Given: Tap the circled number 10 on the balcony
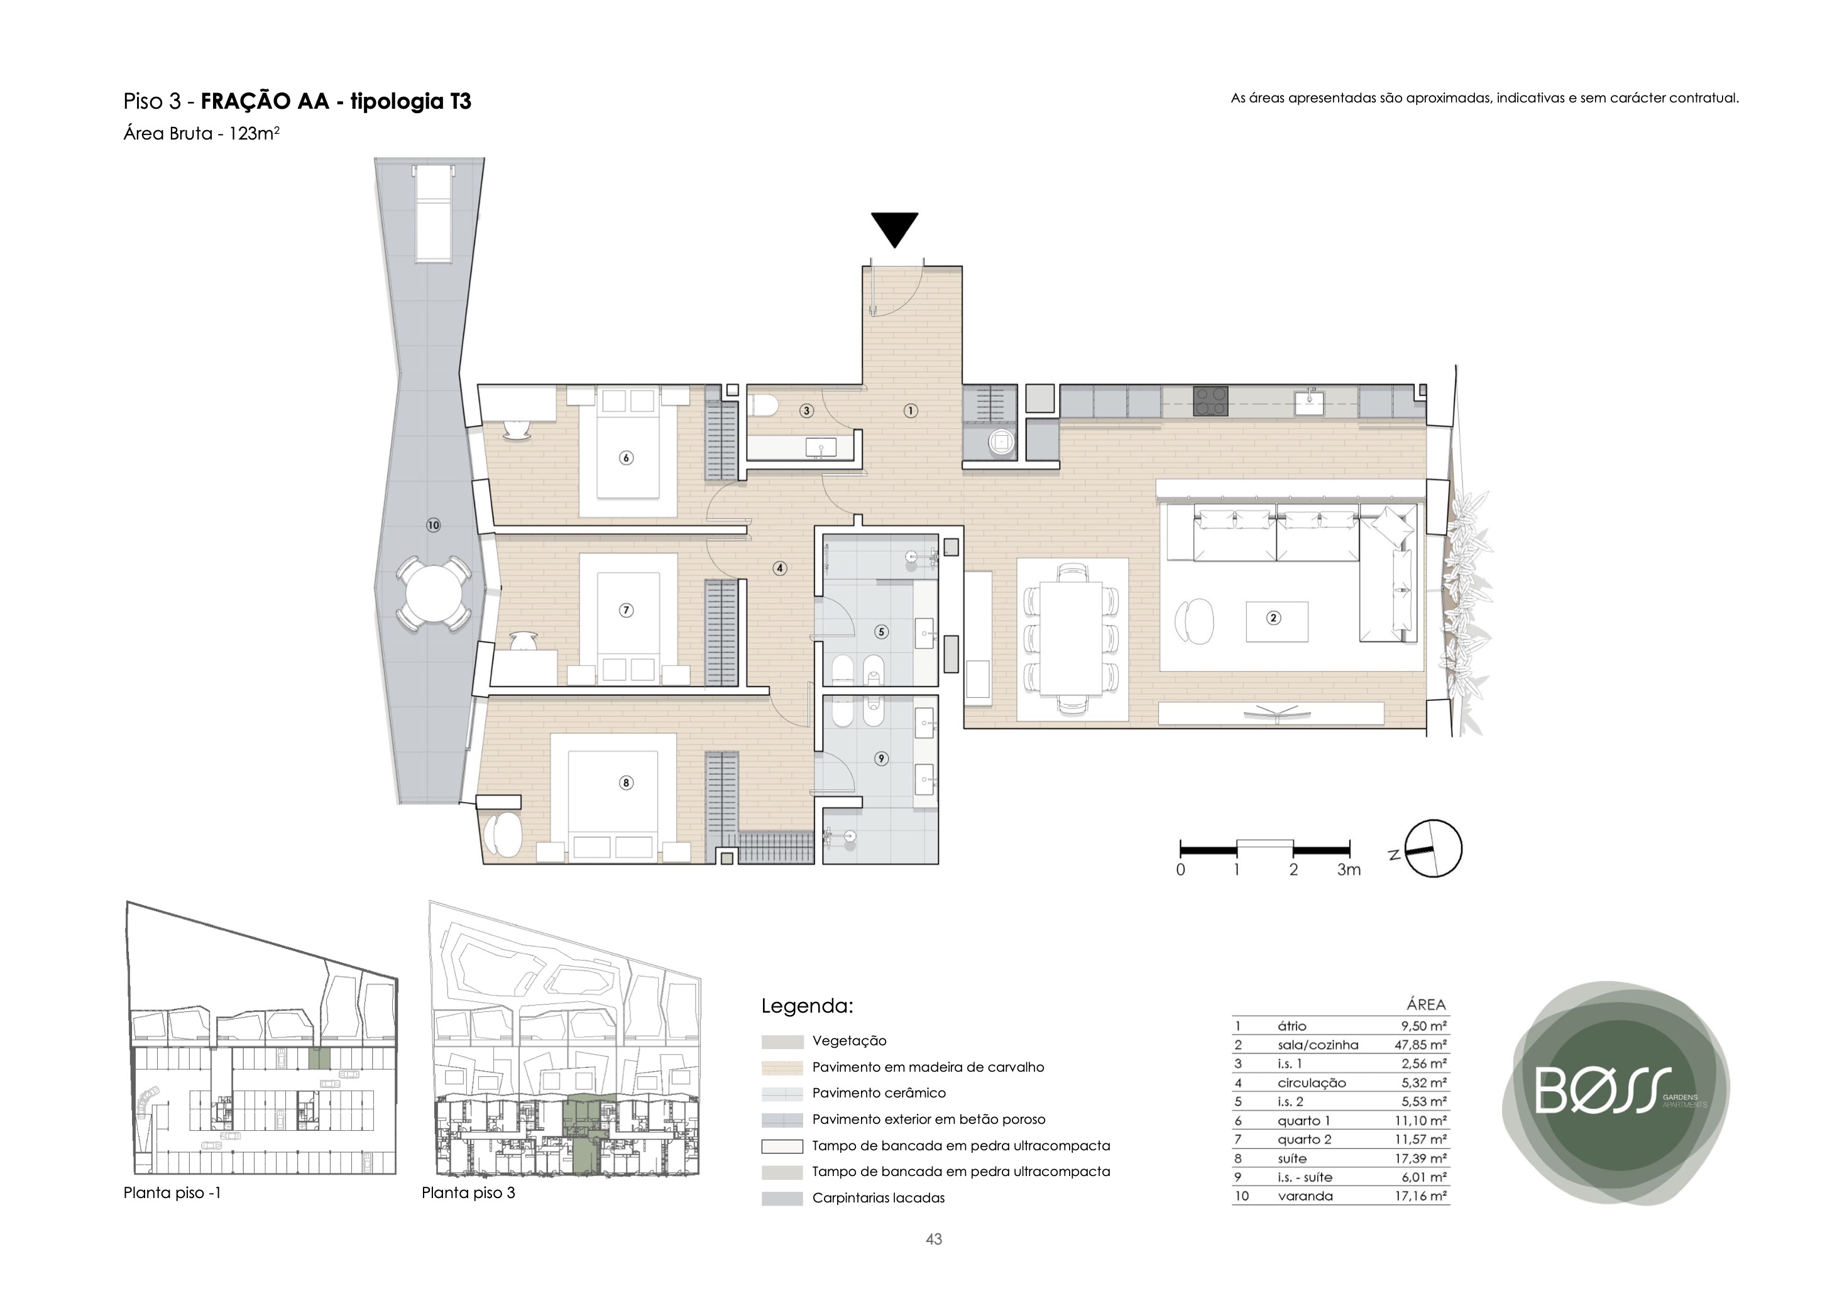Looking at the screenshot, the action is (x=433, y=525).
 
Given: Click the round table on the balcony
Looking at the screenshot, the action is (x=433, y=595).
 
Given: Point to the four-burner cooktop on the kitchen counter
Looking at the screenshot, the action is (x=1211, y=401).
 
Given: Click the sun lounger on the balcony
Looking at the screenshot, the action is (x=433, y=213).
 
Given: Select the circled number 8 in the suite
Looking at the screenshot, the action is (x=627, y=783).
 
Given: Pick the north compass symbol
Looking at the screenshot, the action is (x=1432, y=849).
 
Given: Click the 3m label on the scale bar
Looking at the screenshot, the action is (x=1349, y=870).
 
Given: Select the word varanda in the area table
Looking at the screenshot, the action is (x=1306, y=1196).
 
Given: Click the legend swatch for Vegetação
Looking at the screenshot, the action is (x=782, y=1042).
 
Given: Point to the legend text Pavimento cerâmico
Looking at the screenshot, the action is (x=879, y=1093).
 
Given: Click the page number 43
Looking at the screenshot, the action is (x=934, y=1240).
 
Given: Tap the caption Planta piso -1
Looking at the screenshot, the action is (x=172, y=1193).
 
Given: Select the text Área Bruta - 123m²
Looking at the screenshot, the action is (x=201, y=134).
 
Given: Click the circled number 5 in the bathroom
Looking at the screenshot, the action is (x=882, y=631).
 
